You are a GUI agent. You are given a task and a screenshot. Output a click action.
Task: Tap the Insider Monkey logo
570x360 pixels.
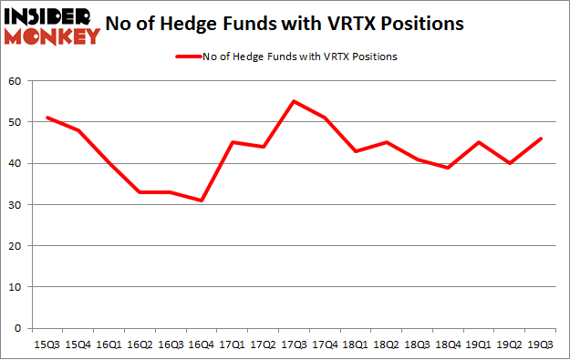click(52, 26)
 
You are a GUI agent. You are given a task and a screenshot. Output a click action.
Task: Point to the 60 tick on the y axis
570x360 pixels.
click(16, 82)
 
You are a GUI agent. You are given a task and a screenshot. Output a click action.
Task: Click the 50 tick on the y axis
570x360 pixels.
click(16, 123)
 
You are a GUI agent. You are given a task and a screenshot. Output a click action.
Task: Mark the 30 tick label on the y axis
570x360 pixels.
click(16, 205)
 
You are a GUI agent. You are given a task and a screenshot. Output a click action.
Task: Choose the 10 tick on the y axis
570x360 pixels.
click(16, 287)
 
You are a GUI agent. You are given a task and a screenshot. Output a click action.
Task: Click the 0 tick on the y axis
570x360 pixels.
click(18, 328)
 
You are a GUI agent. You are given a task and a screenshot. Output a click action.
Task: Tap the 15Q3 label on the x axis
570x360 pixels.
click(47, 345)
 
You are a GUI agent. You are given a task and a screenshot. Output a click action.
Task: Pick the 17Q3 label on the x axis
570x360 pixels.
click(294, 345)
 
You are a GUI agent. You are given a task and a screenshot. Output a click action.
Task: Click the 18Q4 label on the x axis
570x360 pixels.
click(446, 345)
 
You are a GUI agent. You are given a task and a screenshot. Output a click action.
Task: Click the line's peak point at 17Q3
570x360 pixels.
click(294, 101)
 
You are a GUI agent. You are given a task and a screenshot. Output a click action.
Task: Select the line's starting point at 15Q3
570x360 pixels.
click(47, 118)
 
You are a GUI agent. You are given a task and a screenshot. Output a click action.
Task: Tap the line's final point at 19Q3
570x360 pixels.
click(541, 139)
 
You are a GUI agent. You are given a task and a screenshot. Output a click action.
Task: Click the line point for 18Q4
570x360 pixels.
click(446, 168)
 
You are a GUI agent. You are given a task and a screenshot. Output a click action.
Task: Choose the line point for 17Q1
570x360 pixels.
click(231, 142)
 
